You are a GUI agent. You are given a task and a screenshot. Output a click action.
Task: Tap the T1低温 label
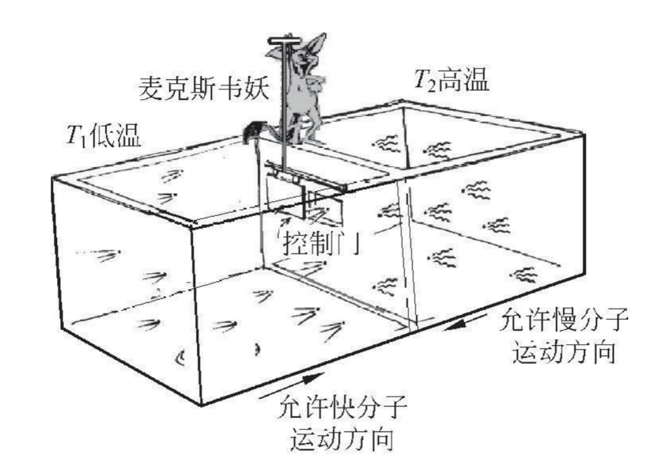(104, 138)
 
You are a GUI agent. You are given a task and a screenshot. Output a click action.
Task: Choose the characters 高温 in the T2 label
(468, 79)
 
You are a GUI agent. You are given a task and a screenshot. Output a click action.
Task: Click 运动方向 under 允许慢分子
(564, 354)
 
